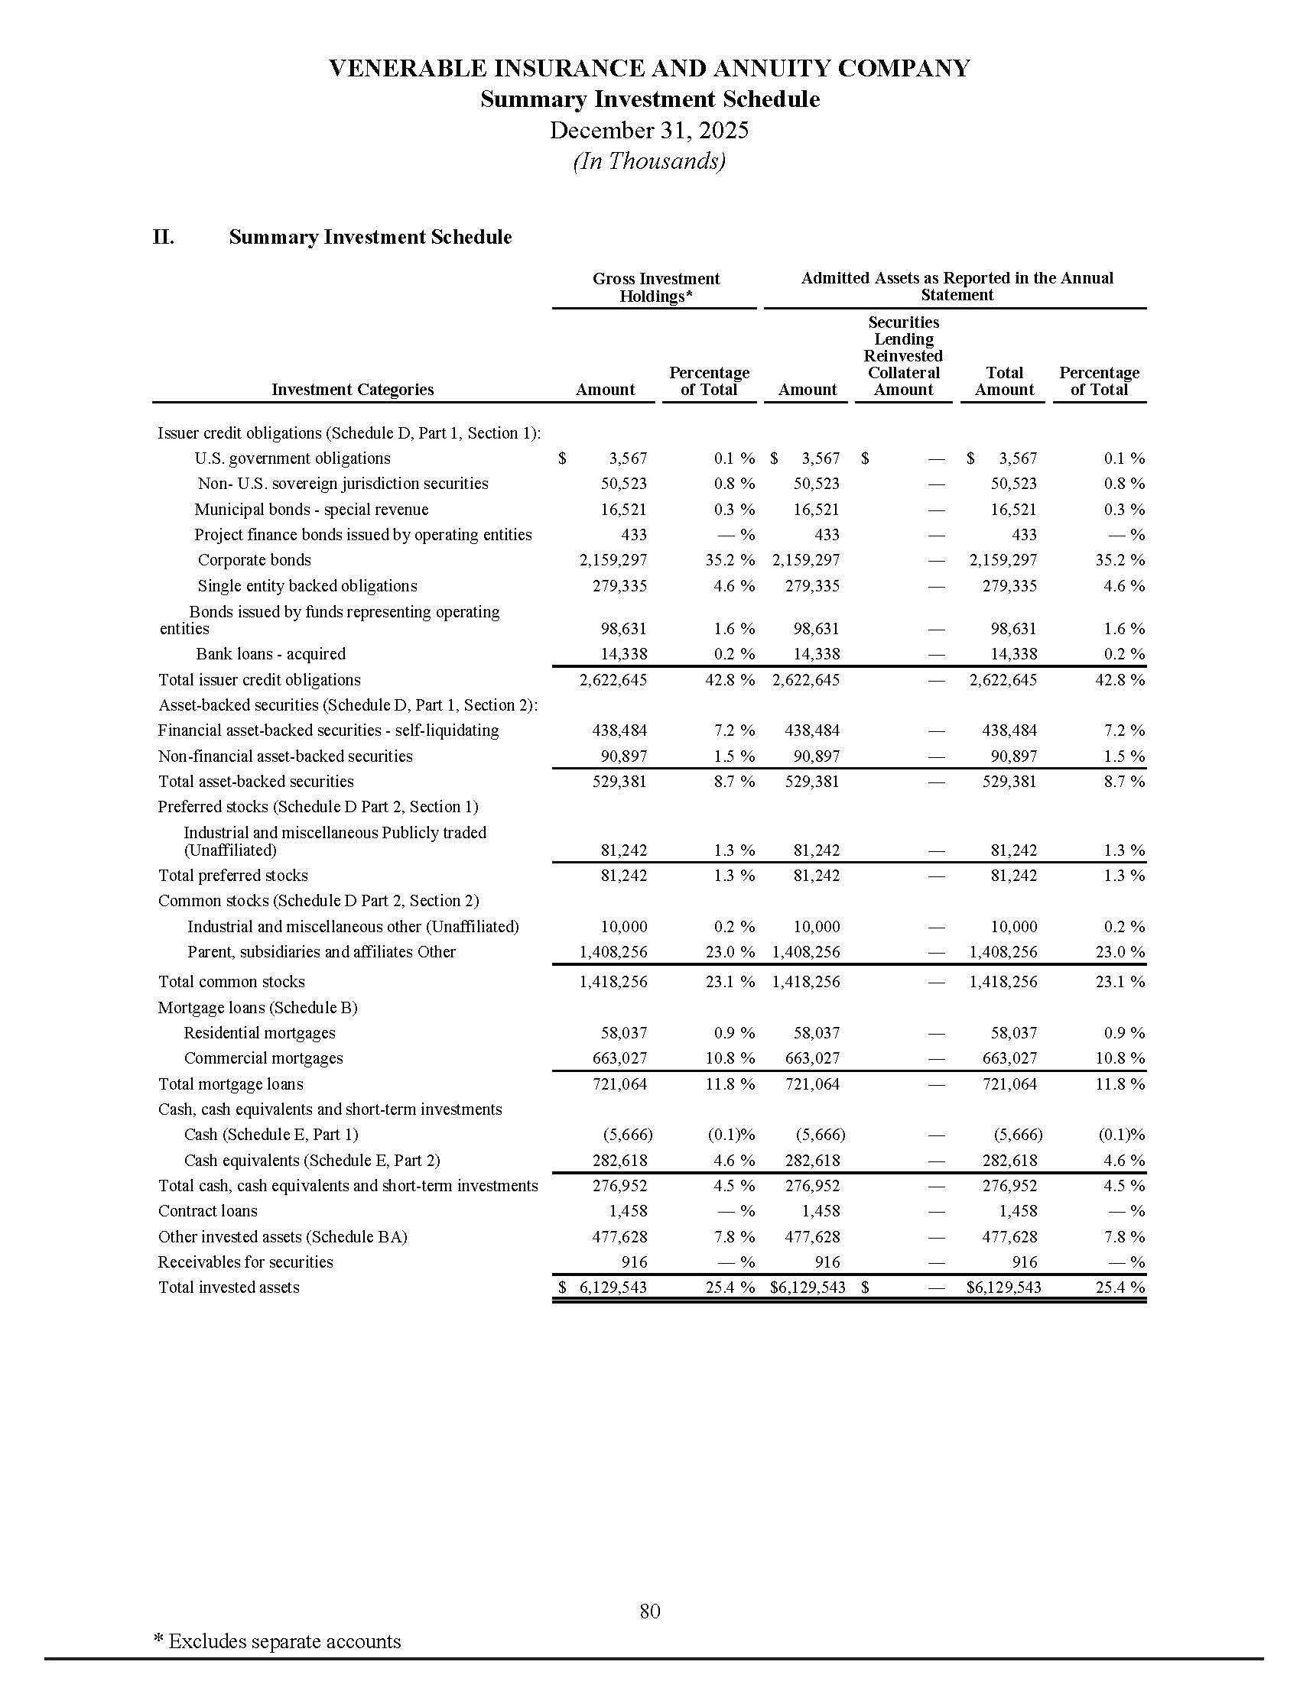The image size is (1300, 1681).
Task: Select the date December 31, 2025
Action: (648, 130)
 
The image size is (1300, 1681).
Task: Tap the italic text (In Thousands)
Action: (648, 161)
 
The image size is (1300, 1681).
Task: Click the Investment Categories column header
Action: (352, 390)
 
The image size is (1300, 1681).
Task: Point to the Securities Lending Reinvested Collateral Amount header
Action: (902, 355)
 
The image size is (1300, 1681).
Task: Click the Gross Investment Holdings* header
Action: (655, 287)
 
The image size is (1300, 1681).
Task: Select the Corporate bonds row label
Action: (254, 560)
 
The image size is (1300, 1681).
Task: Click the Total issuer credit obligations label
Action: (259, 679)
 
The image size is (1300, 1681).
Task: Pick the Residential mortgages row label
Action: (259, 1033)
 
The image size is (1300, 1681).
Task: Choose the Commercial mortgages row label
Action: (263, 1058)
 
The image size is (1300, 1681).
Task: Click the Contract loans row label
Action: (208, 1211)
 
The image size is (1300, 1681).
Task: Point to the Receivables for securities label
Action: (245, 1262)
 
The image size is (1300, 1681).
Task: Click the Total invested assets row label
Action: (229, 1287)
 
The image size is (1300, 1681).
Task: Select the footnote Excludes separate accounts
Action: (278, 1641)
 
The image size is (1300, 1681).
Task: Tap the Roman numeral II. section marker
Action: (164, 237)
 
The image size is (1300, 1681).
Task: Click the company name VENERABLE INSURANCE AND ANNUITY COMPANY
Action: (648, 69)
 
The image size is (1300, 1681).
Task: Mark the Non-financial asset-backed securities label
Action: (285, 756)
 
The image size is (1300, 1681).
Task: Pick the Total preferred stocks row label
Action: (232, 875)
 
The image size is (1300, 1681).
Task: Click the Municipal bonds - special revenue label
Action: (311, 510)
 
